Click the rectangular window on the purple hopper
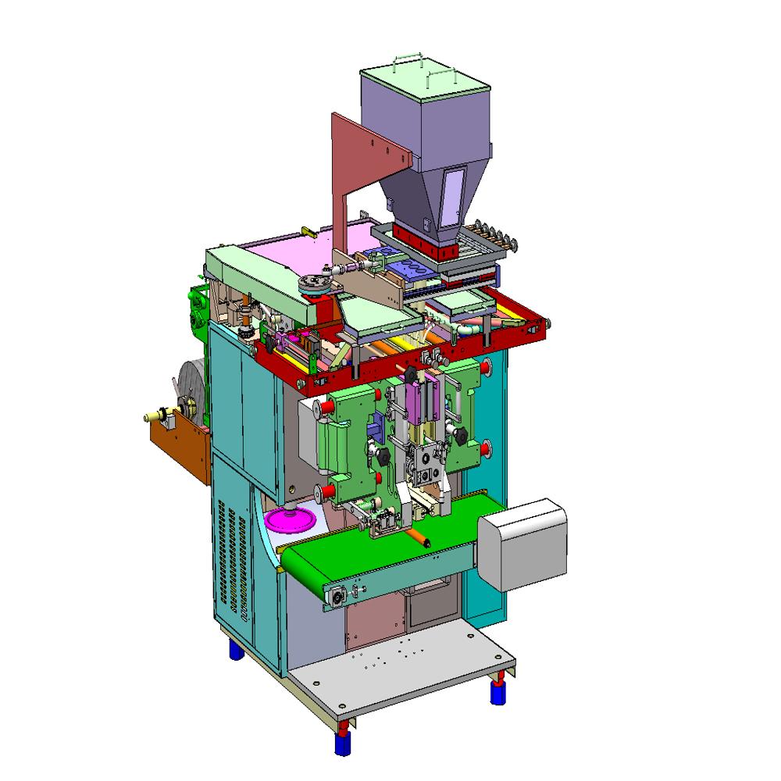(x=452, y=196)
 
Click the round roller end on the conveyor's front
(x=340, y=595)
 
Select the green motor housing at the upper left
(x=195, y=308)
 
